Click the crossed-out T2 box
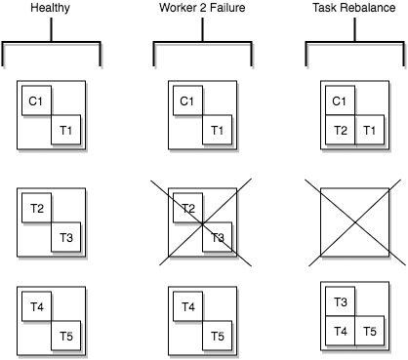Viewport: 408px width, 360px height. [187, 209]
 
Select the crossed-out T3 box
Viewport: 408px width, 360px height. [217, 237]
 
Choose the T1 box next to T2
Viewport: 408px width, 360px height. [369, 131]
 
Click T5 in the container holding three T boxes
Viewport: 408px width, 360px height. [369, 331]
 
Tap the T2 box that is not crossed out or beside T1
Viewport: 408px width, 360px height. [37, 209]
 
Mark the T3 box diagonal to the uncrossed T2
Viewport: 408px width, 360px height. [66, 237]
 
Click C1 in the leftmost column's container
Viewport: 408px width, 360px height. [37, 100]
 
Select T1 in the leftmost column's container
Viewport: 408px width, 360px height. [66, 130]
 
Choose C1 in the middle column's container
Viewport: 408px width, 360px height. [187, 100]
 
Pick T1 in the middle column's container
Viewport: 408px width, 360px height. [217, 130]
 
